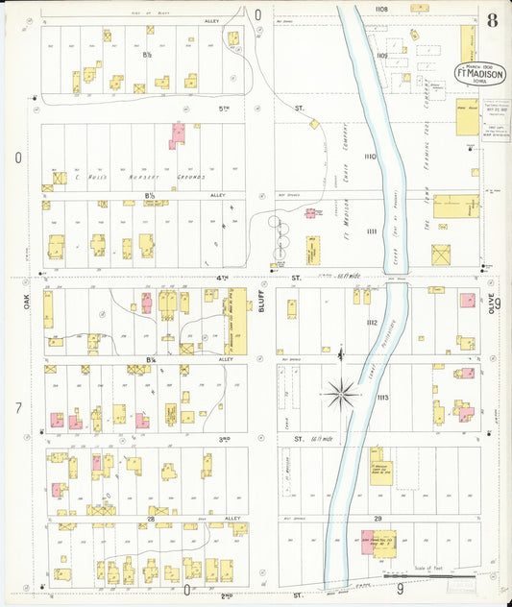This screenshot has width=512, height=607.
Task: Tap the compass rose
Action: pos(342,392)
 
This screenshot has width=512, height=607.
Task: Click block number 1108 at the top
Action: pos(381,9)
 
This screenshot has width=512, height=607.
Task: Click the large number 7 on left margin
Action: pos(18,408)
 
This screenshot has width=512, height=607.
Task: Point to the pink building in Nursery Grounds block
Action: pos(178,135)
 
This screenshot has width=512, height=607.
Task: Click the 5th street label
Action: pos(224,109)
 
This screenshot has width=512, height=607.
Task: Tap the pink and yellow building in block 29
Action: pos(371,543)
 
